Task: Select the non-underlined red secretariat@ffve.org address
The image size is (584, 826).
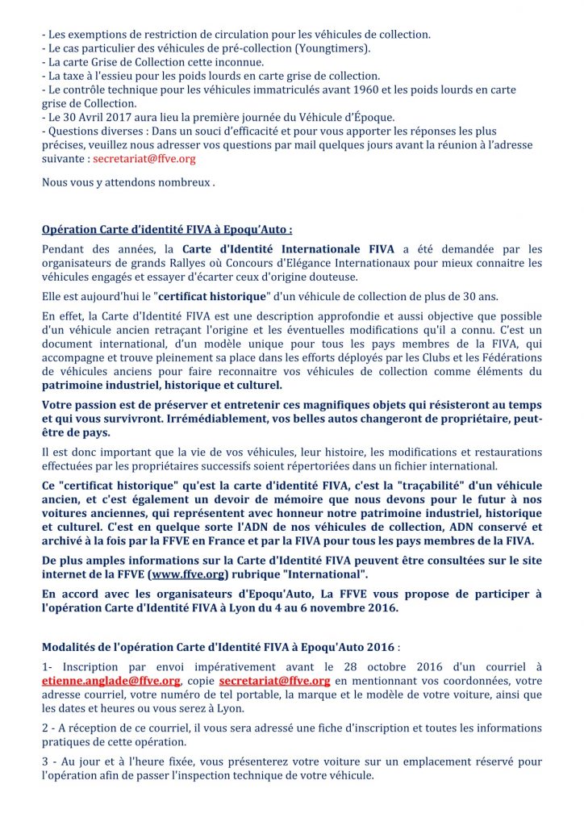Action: pos(144,159)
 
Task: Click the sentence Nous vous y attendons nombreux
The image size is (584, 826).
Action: pos(128,182)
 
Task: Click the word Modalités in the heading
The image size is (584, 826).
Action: pos(68,647)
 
